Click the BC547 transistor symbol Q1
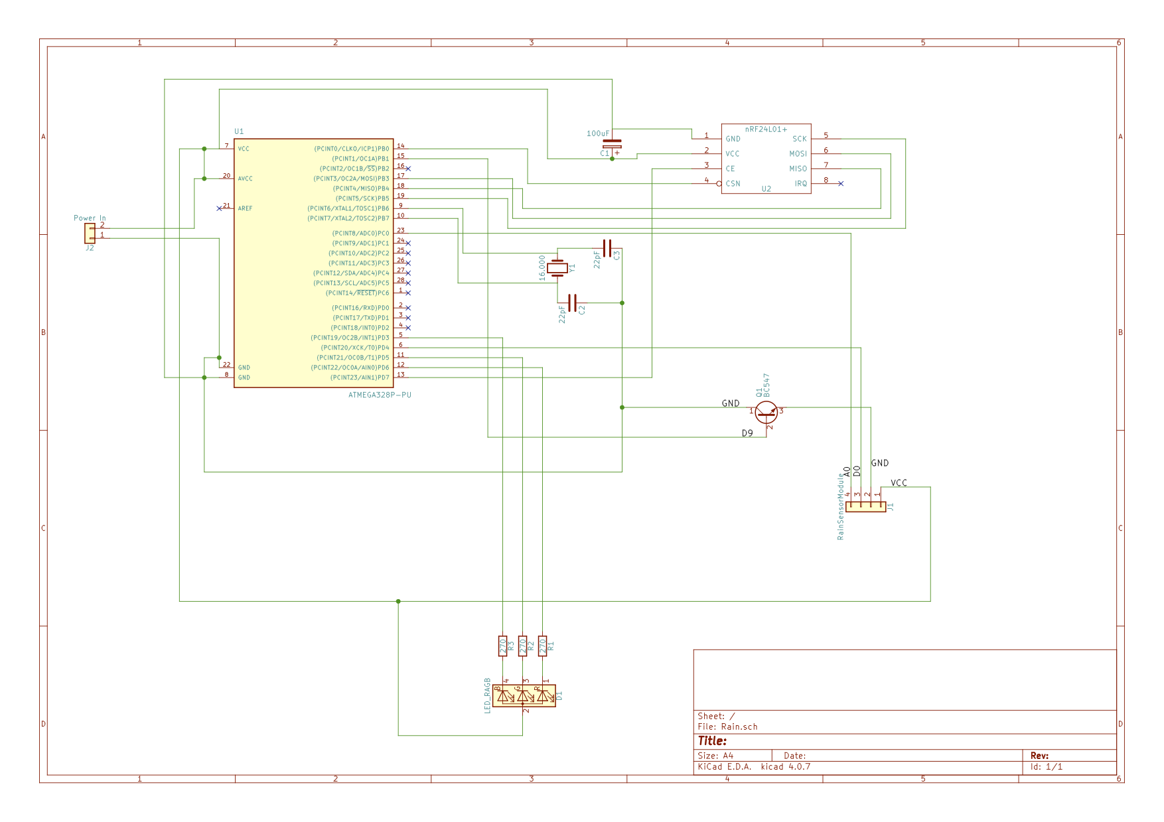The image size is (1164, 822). point(766,412)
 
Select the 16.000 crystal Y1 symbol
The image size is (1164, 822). point(557,268)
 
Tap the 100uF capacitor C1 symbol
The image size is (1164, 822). point(612,144)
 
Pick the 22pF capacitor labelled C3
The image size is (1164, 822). point(607,249)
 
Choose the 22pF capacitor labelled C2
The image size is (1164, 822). point(573,303)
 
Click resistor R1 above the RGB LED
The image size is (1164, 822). point(542,646)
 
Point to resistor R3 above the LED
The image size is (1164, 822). point(502,646)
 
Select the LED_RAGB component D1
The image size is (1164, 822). point(524,696)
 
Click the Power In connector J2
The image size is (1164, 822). point(90,233)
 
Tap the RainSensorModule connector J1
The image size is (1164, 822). point(865,507)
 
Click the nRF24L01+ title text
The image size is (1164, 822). point(766,129)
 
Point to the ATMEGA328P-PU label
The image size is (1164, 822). point(380,395)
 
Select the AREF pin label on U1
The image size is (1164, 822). point(245,208)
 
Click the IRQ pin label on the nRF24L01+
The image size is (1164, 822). point(801,184)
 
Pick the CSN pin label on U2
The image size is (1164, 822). point(733,184)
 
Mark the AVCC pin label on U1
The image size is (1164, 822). point(245,178)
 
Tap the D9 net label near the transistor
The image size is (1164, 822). point(747,433)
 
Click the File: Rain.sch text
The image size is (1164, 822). point(727,726)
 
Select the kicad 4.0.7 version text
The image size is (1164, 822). point(785,766)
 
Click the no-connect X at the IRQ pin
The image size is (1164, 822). point(841,183)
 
